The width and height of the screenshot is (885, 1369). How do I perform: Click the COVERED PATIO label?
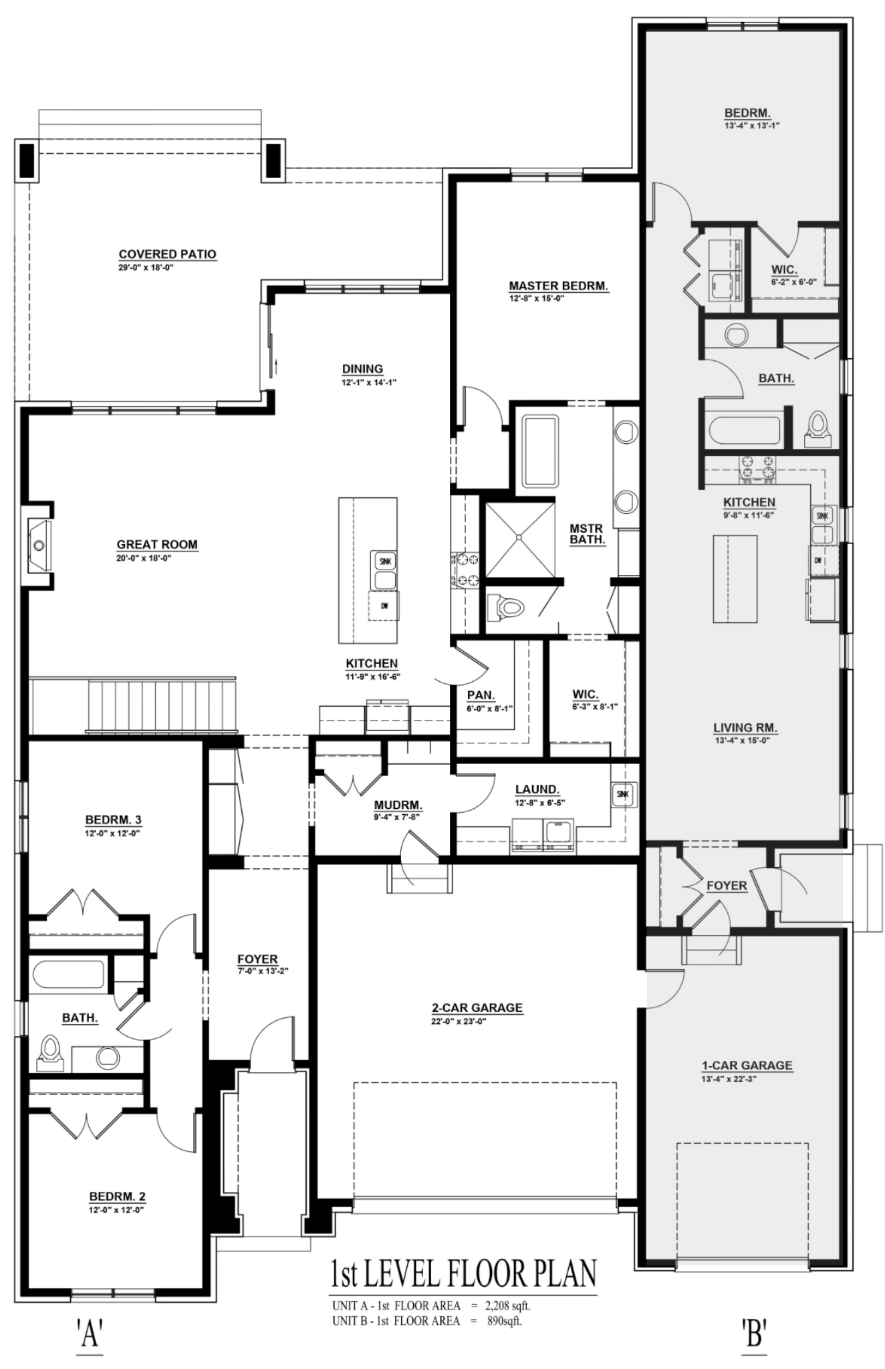(x=167, y=254)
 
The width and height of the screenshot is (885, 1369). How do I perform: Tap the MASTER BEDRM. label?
(x=558, y=286)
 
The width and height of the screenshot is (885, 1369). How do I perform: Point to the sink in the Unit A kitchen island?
(x=384, y=570)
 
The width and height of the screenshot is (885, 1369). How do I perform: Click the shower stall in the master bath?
(x=519, y=539)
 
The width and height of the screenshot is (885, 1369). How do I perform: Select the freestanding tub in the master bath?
(x=539, y=451)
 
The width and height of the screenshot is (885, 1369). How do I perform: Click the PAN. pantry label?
(x=481, y=695)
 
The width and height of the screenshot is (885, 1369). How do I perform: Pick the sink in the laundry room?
(x=624, y=794)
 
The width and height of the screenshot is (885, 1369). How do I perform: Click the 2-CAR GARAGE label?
(x=477, y=1008)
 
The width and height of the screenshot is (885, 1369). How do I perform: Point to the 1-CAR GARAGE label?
(x=747, y=1066)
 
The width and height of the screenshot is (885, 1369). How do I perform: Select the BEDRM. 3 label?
(x=113, y=820)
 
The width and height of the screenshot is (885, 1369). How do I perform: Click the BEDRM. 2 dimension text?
(x=117, y=1210)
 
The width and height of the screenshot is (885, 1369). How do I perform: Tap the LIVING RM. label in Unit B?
(x=745, y=728)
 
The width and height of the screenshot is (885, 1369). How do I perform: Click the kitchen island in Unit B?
(x=735, y=578)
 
